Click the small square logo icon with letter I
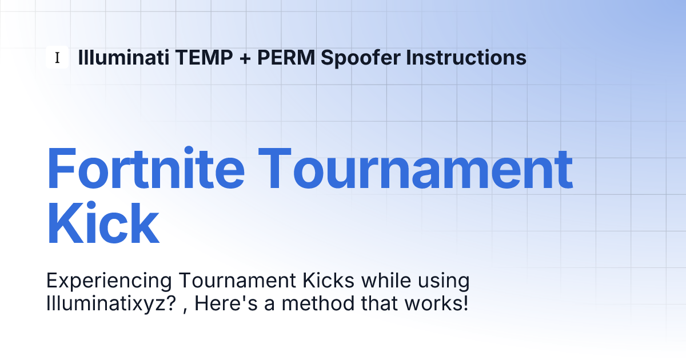click(x=57, y=57)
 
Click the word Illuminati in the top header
click(x=123, y=57)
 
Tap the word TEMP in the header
click(x=204, y=57)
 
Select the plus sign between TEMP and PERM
click(x=245, y=58)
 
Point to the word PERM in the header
click(x=286, y=57)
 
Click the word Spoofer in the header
click(x=361, y=58)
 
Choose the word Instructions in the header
click(x=466, y=57)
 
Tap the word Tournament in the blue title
click(x=416, y=169)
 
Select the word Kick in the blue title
click(x=103, y=222)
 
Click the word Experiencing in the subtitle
click(x=109, y=281)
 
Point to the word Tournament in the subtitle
click(x=237, y=280)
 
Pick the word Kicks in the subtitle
click(x=329, y=280)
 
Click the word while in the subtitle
click(x=386, y=280)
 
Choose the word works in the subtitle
click(x=432, y=303)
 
